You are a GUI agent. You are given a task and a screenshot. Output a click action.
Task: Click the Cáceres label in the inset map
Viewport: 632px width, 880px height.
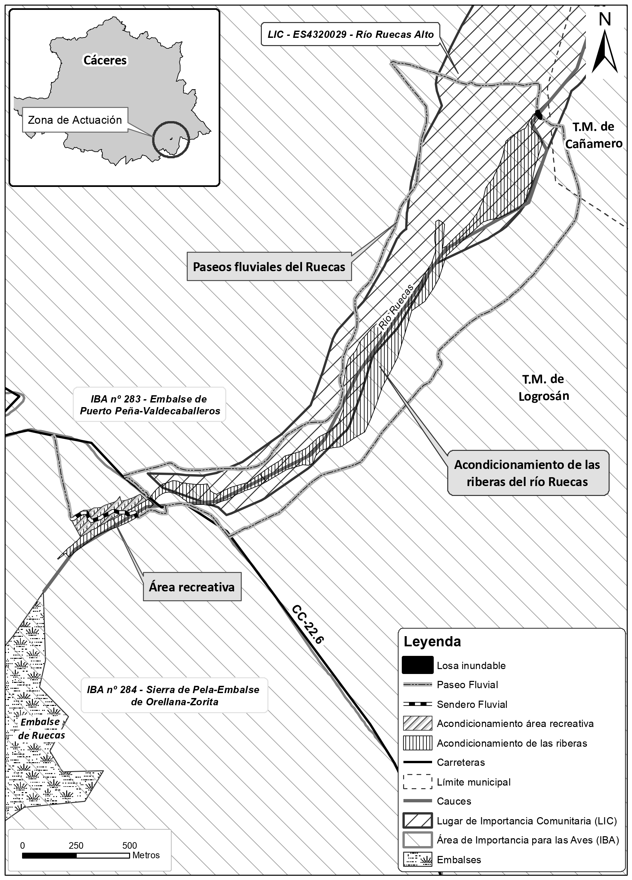click(105, 60)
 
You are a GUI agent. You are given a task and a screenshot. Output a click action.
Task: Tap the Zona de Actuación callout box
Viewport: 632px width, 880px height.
click(75, 120)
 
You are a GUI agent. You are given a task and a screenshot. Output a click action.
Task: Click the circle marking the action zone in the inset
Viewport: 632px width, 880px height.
click(171, 139)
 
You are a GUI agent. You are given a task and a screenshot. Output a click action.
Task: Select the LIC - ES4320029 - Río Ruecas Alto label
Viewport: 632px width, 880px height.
click(350, 35)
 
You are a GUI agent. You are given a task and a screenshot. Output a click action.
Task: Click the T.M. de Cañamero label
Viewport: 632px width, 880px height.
click(593, 135)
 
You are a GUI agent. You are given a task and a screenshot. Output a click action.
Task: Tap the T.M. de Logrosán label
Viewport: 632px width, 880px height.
click(543, 387)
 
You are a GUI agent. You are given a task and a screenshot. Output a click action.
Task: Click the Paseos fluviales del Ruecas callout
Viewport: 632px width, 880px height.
click(269, 267)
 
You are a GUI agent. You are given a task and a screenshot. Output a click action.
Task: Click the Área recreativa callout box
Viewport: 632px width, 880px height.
click(192, 587)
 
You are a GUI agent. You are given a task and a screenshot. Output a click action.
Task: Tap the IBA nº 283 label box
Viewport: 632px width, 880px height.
click(150, 405)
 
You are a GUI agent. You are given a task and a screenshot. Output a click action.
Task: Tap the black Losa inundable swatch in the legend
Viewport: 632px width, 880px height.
click(418, 665)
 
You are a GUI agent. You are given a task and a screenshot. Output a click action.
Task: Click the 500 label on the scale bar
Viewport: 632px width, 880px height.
click(130, 845)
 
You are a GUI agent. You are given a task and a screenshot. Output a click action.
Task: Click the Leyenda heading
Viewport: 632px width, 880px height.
click(432, 641)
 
